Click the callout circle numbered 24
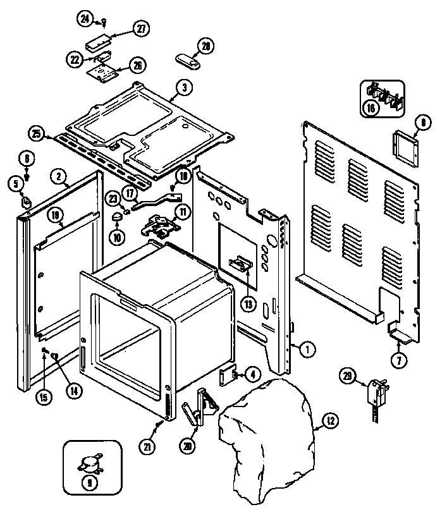point(85,18)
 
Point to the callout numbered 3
point(182,88)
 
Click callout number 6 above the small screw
point(26,157)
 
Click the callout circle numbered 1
point(306,348)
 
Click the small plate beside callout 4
point(226,377)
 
